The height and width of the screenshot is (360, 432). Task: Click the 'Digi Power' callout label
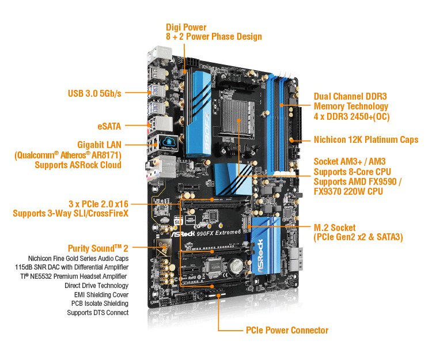pyautogui.click(x=186, y=27)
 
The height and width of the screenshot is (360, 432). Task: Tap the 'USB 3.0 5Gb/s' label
pyautogui.click(x=94, y=93)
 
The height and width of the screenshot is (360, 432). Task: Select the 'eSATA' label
pyautogui.click(x=109, y=126)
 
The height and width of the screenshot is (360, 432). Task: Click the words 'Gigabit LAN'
pyautogui.click(x=99, y=145)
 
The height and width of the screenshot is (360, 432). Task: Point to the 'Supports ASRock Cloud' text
pyautogui.click(x=78, y=165)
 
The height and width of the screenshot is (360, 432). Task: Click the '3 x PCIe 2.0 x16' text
pyautogui.click(x=98, y=204)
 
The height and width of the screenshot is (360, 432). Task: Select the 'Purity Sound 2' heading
pyautogui.click(x=98, y=248)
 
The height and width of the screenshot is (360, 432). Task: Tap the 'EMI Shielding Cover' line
pyautogui.click(x=101, y=295)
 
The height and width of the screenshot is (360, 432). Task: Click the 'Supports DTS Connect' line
pyautogui.click(x=97, y=313)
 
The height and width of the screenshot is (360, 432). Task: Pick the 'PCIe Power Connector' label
pyautogui.click(x=287, y=330)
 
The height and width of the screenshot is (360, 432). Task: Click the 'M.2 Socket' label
pyautogui.click(x=335, y=228)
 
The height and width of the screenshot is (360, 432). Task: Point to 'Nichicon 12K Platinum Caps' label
pyautogui.click(x=366, y=139)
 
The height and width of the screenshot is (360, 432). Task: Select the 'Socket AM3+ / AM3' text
pyautogui.click(x=350, y=161)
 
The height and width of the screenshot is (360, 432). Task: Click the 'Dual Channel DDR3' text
pyautogui.click(x=350, y=96)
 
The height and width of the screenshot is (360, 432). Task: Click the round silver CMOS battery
pyautogui.click(x=237, y=266)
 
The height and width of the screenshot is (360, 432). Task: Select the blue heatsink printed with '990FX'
pyautogui.click(x=198, y=112)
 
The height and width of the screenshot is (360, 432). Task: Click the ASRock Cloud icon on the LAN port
pyautogui.click(x=169, y=143)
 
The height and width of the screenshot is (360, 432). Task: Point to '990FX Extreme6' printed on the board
pyautogui.click(x=218, y=233)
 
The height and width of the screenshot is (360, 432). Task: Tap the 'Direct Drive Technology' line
pyautogui.click(x=96, y=285)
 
